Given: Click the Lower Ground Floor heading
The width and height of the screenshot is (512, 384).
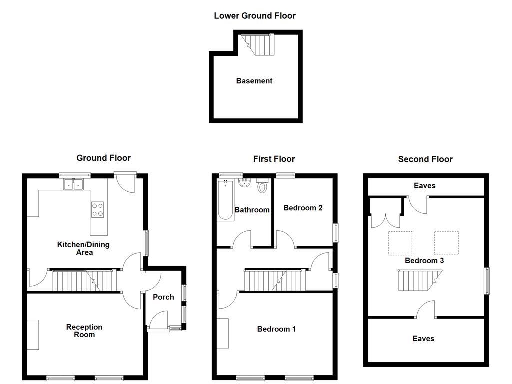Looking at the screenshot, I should click(x=255, y=16).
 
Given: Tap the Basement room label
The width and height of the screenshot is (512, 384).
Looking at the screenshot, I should click(x=254, y=81).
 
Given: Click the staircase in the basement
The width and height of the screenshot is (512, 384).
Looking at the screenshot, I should click(x=259, y=44).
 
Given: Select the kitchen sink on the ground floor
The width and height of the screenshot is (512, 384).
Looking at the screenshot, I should click(x=74, y=185).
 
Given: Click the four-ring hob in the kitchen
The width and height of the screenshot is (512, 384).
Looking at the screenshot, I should click(x=98, y=209).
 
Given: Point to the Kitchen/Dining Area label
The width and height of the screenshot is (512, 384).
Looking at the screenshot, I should click(x=83, y=248).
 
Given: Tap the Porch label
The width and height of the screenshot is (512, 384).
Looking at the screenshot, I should click(x=163, y=297).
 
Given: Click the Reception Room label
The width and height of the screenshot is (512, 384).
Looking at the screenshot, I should click(x=84, y=331).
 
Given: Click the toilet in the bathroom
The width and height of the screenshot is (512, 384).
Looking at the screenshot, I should click(x=262, y=187).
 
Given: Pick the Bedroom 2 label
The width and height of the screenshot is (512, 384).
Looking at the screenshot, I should click(x=303, y=208).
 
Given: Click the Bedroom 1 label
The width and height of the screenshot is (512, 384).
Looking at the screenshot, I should click(x=276, y=329).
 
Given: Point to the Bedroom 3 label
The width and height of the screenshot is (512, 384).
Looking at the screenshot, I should click(x=424, y=260).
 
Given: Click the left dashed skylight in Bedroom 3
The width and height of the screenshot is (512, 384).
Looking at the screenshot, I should click(x=400, y=243).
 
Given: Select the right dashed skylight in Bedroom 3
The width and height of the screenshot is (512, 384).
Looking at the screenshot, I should click(x=446, y=243).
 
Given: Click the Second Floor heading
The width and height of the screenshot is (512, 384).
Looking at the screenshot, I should click(x=425, y=159).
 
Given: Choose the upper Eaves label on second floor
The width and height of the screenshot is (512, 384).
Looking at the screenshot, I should click(x=425, y=186).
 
